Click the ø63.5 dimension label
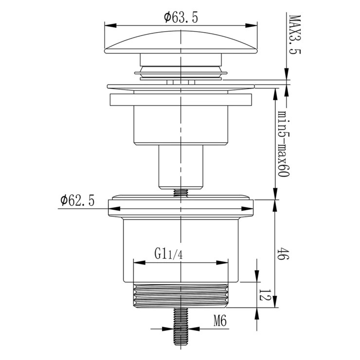coord(181,18)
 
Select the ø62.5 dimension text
coord(77,200)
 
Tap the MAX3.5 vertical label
coord(294,35)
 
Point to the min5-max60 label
coord(284,144)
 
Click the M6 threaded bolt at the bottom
coord(180,327)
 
